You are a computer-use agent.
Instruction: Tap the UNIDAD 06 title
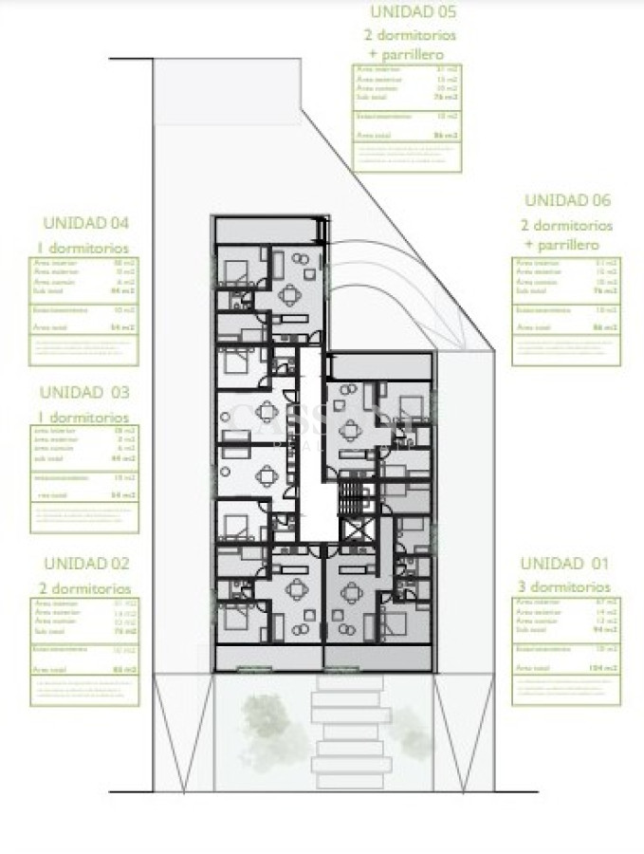[567, 201]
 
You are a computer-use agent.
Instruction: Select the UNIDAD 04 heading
[85, 224]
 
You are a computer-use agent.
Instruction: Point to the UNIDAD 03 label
[85, 392]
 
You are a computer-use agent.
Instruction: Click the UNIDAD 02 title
[85, 564]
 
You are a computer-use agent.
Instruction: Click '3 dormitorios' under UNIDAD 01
[565, 587]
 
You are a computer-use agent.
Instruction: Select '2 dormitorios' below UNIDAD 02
[85, 589]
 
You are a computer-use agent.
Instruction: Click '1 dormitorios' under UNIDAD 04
[85, 247]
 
